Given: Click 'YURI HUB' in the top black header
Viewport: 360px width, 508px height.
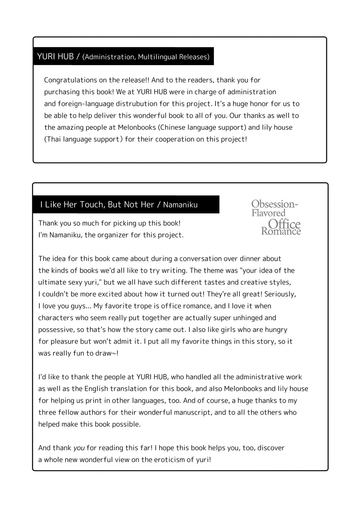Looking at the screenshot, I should pos(55,56).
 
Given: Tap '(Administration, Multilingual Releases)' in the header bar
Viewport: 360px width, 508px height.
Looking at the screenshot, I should pos(146,57).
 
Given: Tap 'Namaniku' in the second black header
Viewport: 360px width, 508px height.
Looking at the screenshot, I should pos(180,205).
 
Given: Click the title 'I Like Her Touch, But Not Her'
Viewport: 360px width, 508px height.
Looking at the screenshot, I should pos(97,205).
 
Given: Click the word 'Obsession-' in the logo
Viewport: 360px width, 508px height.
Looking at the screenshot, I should pos(274,204).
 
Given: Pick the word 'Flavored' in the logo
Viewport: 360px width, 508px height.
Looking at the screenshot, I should pos(268,213).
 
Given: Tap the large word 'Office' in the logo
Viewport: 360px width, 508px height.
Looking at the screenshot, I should pos(284,224).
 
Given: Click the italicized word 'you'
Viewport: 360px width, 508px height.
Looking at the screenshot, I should pos(79,448).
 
